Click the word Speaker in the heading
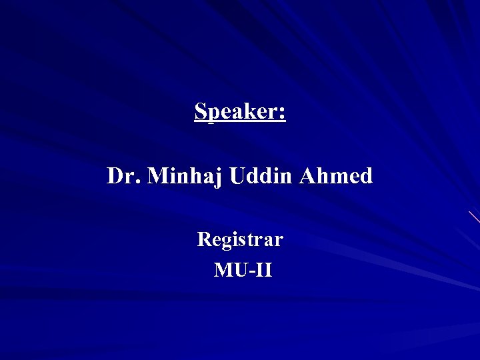[x=237, y=111]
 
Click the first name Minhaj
[x=185, y=177]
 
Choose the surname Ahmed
[x=336, y=176]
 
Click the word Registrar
[x=240, y=239]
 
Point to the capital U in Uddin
[x=237, y=176]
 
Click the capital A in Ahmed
[x=307, y=176]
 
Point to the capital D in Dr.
[x=116, y=176]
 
